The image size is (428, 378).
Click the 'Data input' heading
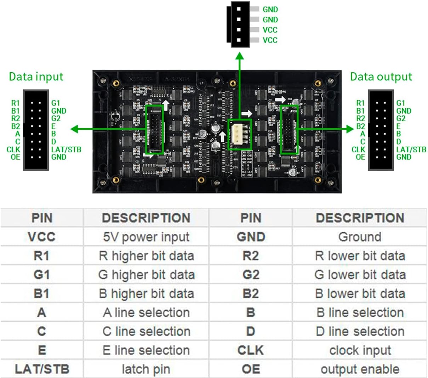(x=36, y=77)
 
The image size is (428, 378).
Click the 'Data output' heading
(x=381, y=77)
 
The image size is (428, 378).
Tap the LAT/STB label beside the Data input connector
(x=66, y=149)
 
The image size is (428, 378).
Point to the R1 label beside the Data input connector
(x=15, y=103)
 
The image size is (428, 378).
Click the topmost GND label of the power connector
(x=270, y=10)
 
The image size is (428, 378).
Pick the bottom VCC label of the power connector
(x=270, y=40)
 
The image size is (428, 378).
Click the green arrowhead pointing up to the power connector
(x=240, y=56)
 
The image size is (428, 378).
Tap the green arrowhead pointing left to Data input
(x=74, y=129)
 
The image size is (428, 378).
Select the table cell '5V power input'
(x=146, y=237)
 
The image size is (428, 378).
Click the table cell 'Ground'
(x=360, y=237)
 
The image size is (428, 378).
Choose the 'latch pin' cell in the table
(x=146, y=369)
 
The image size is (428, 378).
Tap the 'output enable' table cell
(x=360, y=369)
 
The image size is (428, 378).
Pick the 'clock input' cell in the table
(x=360, y=350)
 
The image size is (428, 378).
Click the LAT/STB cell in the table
(x=42, y=369)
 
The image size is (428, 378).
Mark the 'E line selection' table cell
(x=146, y=350)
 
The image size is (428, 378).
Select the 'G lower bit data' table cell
(x=360, y=275)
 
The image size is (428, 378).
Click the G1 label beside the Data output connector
(x=400, y=103)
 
